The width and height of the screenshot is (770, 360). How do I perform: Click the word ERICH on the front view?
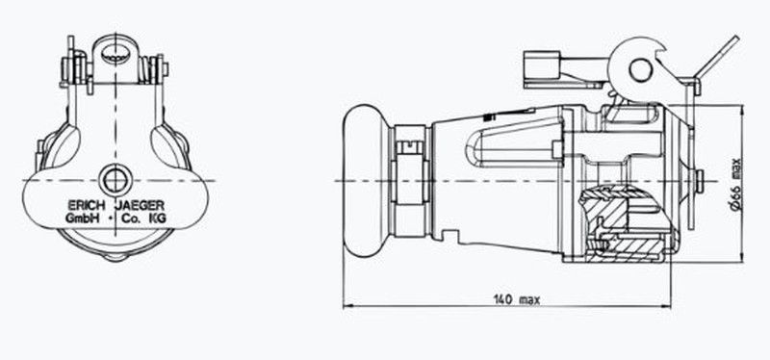click(x=86, y=205)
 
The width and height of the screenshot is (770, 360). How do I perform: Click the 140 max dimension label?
click(x=517, y=299)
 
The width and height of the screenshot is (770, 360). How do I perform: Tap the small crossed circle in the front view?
click(x=115, y=180)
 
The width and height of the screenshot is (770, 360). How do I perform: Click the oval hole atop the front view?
click(x=115, y=53)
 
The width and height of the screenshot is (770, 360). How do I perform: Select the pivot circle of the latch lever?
click(x=640, y=69)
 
